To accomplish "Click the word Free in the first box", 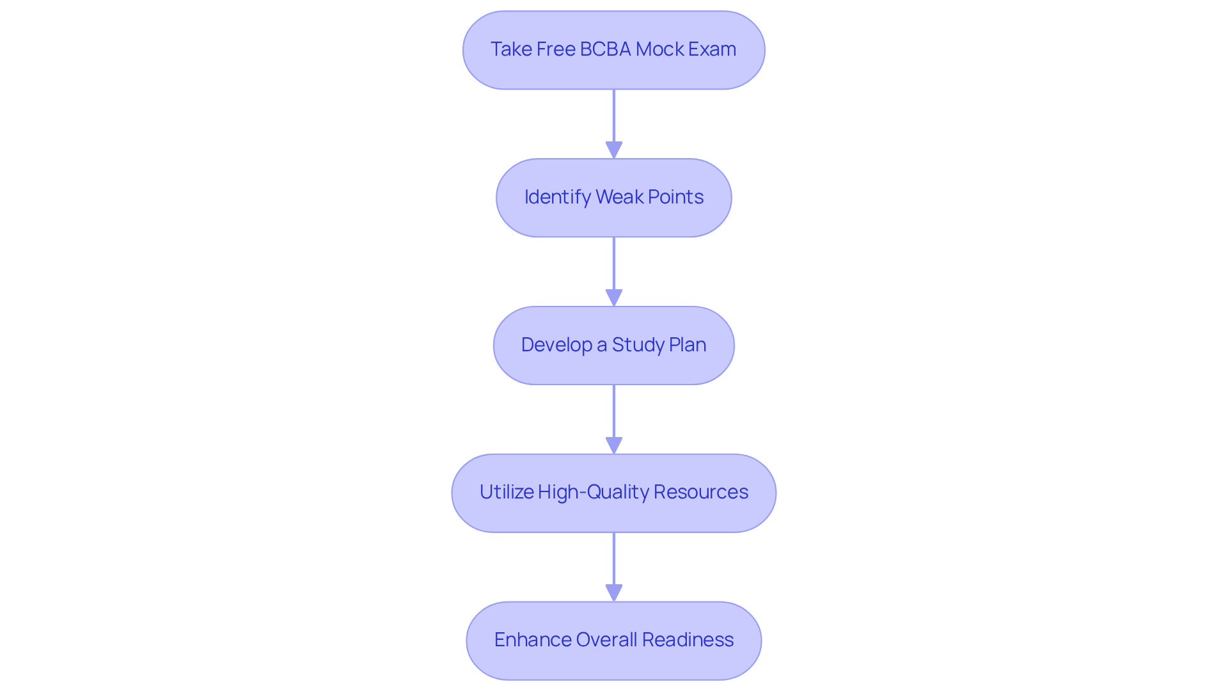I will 556,49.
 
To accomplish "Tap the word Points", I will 675,197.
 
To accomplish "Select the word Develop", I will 556,345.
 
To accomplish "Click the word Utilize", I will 506,492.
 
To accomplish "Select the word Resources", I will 700,492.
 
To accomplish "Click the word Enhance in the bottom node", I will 532,640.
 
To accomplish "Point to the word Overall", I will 606,640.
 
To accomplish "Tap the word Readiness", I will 688,640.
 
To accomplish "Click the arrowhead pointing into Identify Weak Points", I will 614,150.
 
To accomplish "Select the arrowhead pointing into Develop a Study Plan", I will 614,298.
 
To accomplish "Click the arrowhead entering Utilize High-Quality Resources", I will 614,446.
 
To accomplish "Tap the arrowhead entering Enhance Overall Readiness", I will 614,593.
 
